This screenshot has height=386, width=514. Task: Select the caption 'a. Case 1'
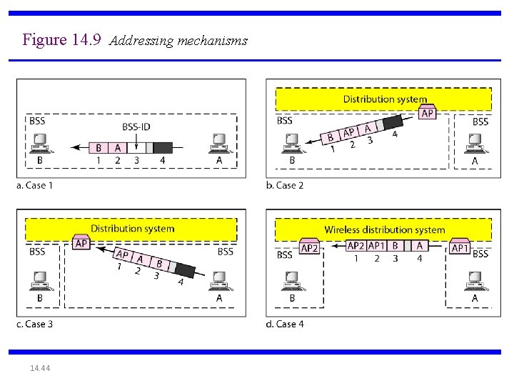pos(34,186)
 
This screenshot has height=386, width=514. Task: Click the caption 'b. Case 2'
pos(285,186)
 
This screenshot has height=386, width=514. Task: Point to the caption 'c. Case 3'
pos(34,324)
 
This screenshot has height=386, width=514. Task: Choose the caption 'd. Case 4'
pos(285,324)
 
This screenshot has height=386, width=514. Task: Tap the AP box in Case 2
pos(427,113)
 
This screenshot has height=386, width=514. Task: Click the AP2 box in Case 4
pos(309,247)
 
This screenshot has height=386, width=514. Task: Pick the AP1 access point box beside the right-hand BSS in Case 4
pos(460,247)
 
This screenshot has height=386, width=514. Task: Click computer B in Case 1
pos(40,144)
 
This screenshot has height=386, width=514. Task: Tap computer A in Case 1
pos(218,144)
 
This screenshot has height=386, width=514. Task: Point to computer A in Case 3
pos(218,282)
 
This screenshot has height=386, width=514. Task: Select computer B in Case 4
pos(291,282)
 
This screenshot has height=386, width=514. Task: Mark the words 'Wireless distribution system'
pos(384,230)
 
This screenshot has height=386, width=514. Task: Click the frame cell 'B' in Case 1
pos(99,148)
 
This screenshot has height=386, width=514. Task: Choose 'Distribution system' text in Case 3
pos(132,229)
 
